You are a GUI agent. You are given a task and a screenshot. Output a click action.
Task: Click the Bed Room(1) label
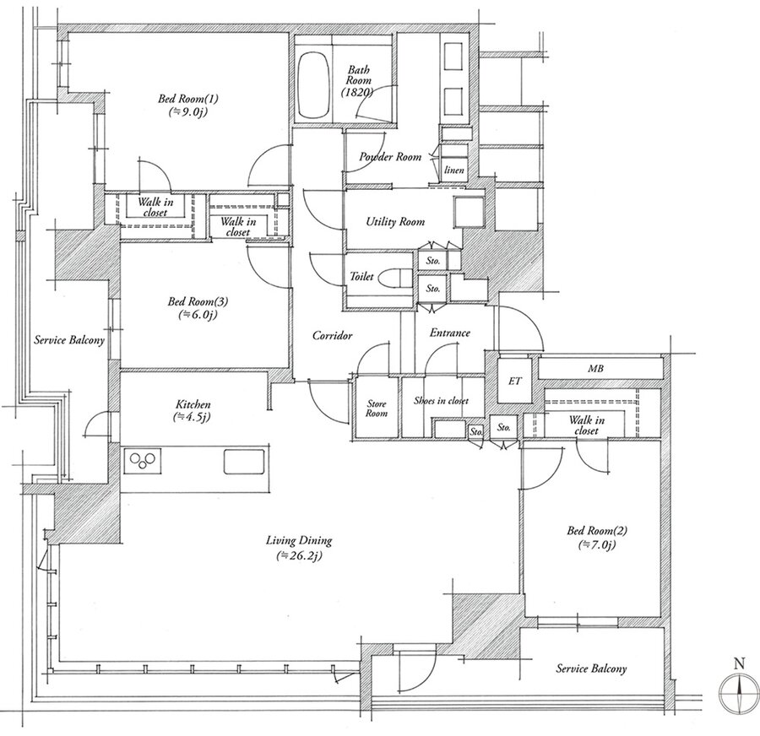188,99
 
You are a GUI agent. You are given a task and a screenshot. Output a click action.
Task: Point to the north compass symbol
739,689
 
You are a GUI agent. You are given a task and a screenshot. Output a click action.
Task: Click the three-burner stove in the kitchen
143,461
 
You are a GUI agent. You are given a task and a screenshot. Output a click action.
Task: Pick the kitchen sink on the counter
244,462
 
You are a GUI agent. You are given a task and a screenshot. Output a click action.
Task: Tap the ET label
515,382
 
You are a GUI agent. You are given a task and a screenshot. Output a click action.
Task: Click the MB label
595,369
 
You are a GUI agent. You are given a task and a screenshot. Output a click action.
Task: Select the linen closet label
454,170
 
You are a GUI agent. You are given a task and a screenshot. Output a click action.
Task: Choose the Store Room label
377,409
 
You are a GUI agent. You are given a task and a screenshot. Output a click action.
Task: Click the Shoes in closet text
441,401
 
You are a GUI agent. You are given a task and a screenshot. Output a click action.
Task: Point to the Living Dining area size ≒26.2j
299,555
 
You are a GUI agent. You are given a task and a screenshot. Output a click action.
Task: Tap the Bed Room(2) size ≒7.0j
597,544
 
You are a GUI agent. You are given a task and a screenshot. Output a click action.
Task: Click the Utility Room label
395,222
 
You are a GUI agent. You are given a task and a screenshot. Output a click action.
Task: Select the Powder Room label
390,156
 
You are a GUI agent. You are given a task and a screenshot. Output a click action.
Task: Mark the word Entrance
450,333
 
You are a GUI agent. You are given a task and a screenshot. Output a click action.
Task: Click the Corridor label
332,335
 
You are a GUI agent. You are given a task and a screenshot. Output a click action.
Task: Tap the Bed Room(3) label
198,302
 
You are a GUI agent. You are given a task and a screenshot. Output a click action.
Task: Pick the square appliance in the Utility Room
469,212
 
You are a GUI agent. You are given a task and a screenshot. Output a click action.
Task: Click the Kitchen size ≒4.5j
192,417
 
